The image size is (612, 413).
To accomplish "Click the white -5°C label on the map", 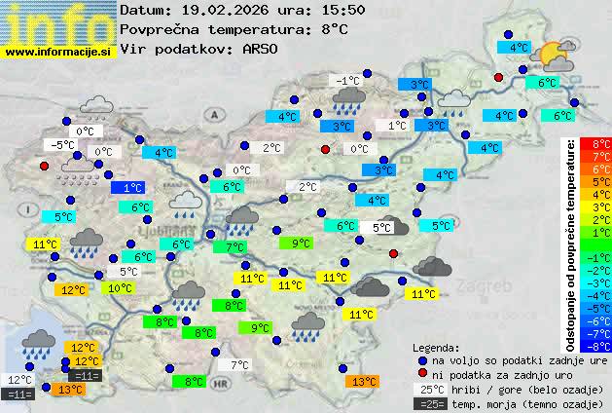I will [64, 145].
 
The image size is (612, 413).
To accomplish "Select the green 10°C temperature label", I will [121, 288].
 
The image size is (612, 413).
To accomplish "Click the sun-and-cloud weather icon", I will [556, 56].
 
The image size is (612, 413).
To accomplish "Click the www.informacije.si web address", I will [58, 52].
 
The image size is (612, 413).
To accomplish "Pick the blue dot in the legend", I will [422, 359].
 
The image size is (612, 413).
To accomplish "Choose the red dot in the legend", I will [422, 374].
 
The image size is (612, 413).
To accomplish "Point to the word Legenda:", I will [436, 347].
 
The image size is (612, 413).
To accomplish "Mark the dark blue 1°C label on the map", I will [131, 187].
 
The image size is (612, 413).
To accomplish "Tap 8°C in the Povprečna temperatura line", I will [334, 28].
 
